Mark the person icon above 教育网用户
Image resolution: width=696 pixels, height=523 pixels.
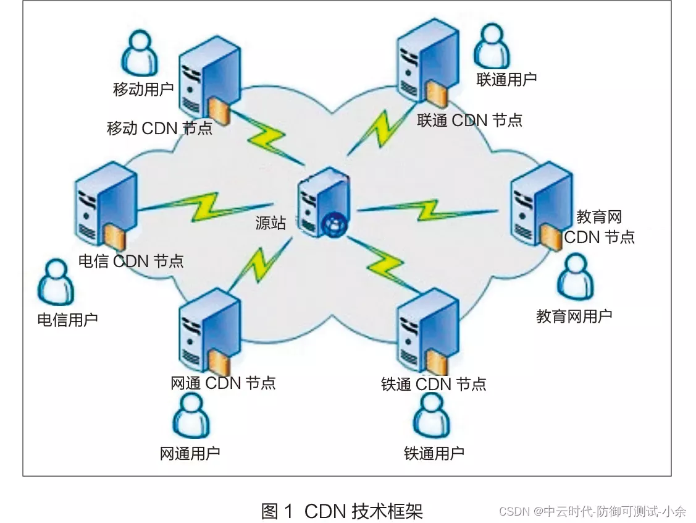tap(574, 278)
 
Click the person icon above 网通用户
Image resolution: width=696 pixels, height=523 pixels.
tap(191, 415)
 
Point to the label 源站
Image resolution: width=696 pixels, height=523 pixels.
tap(270, 223)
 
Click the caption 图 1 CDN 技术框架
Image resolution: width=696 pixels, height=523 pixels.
tap(342, 511)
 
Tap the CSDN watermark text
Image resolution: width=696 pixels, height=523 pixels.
tap(592, 511)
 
